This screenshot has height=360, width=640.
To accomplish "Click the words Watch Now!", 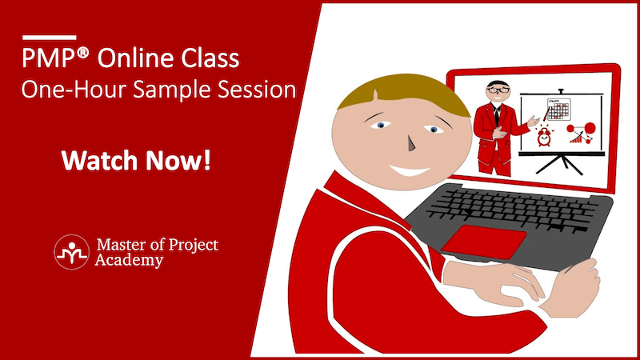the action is (x=136, y=161).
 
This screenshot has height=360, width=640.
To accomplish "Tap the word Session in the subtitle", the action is (x=256, y=90).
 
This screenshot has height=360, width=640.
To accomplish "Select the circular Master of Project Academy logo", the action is (x=71, y=252).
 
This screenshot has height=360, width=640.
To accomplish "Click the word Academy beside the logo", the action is (x=129, y=260).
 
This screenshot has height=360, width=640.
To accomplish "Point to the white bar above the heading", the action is (x=50, y=38).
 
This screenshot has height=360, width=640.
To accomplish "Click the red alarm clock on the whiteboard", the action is (x=544, y=136).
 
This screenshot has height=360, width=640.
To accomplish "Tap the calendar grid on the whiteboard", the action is (x=558, y=109).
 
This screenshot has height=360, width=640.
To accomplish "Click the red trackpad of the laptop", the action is (x=484, y=242).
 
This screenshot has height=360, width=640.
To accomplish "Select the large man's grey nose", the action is (x=411, y=143).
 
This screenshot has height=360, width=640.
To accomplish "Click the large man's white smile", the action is (x=410, y=170).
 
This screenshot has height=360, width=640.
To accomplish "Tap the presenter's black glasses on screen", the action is (x=498, y=90).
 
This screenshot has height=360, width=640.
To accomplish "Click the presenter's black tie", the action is (x=496, y=115).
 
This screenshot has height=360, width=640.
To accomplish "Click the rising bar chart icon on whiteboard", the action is (x=576, y=138).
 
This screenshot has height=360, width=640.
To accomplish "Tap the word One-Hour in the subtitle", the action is (x=74, y=90).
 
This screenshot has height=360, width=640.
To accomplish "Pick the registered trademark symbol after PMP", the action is (x=82, y=54).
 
